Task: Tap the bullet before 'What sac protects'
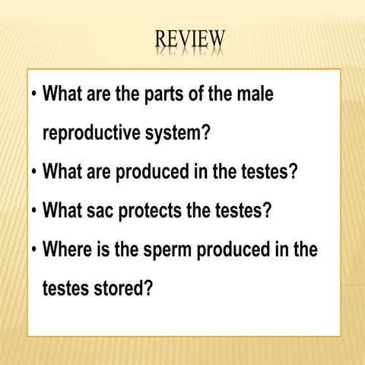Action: coord(33,210)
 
